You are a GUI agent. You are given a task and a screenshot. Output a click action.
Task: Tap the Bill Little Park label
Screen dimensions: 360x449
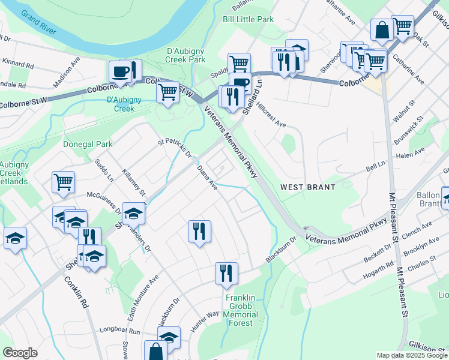point(248,20)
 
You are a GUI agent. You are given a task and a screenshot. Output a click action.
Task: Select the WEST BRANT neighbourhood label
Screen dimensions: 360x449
point(308,187)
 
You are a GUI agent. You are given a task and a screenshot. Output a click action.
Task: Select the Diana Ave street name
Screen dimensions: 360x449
point(207,178)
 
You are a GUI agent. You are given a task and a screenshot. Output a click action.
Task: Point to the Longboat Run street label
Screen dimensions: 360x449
point(121,332)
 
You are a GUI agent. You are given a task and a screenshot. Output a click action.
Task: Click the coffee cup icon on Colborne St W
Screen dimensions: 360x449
point(120,72)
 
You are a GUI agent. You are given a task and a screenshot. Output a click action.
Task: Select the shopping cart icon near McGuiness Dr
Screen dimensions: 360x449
point(63,181)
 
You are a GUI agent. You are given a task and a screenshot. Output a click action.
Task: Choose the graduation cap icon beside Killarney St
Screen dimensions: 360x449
point(133,212)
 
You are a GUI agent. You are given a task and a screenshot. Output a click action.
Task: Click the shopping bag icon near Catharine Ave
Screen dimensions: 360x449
point(382,29)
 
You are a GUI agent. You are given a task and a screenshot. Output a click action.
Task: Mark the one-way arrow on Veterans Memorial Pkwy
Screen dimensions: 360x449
point(307,229)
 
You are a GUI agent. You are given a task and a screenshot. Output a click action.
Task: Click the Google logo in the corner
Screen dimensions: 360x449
point(20,353)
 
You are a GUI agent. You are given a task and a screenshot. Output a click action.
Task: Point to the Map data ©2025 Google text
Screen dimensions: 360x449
point(411,355)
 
